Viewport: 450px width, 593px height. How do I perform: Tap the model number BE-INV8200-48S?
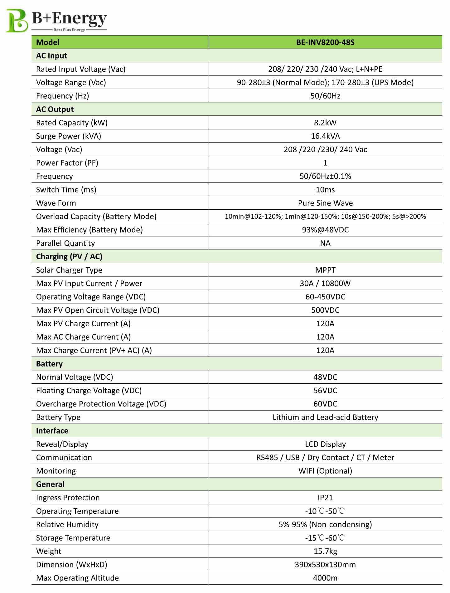pos(325,42)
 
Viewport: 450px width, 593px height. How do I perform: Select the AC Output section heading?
pos(55,109)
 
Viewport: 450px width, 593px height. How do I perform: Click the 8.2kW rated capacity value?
pos(325,123)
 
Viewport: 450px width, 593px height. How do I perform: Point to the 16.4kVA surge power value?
pos(325,136)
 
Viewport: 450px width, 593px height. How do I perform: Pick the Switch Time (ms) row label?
pos(66,190)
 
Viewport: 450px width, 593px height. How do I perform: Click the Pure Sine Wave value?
pos(325,203)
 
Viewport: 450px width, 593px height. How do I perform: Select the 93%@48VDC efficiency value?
pos(325,230)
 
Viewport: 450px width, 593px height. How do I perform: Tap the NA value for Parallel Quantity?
pos(325,243)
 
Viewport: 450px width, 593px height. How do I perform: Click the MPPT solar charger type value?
pos(325,270)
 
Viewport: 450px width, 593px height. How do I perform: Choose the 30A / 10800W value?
pos(325,284)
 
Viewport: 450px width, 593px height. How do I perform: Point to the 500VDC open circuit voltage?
pos(325,310)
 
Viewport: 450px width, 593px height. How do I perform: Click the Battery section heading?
pos(49,364)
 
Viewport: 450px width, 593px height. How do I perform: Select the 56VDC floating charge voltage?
pos(325,391)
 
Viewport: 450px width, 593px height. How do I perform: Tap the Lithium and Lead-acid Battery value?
pos(325,417)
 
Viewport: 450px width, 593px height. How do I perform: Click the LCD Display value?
pos(325,444)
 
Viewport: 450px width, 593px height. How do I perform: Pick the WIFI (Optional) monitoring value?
pos(325,471)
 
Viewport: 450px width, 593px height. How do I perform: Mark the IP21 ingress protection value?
pos(325,498)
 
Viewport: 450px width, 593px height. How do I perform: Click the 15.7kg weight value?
pos(325,552)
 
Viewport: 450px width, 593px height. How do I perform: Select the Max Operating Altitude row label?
pos(77,578)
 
